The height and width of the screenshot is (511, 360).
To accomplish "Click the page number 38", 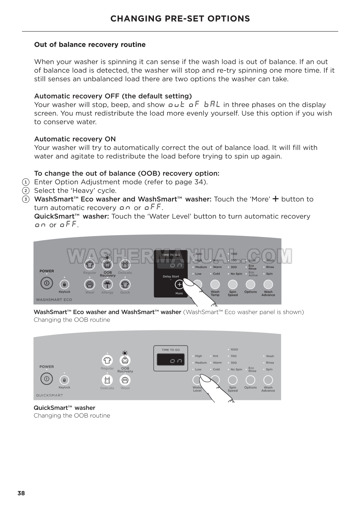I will pos(21,493).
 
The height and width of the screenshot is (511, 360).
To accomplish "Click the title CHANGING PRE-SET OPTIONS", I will pos(180,19).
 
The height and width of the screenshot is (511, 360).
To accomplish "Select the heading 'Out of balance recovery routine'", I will pos(90,45).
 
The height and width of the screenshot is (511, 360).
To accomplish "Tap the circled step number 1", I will pos(26,182).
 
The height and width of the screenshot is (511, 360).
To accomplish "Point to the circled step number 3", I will pos(26,199).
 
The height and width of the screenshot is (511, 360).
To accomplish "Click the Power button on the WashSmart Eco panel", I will pos(46,283).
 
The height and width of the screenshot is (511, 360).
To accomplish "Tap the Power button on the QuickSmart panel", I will pos(46,379).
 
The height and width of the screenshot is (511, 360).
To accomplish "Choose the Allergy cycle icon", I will pos(107,284).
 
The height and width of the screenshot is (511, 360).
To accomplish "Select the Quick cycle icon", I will pos(125,284).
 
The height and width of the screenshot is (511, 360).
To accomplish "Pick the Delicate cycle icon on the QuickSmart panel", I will pos(107,380).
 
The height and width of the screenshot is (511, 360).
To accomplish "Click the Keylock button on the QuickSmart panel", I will pos(64,380).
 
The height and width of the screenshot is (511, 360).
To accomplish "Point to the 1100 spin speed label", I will pos(234,254).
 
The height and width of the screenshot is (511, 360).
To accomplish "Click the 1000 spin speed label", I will pos(234,349).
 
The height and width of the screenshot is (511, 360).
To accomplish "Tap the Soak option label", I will pos(252,260).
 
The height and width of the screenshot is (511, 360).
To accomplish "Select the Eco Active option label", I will pos(253,274).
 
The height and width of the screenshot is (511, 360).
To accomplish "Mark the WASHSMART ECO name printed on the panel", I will pos(54,299).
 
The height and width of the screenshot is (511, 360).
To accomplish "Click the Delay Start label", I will pos(171,276).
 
